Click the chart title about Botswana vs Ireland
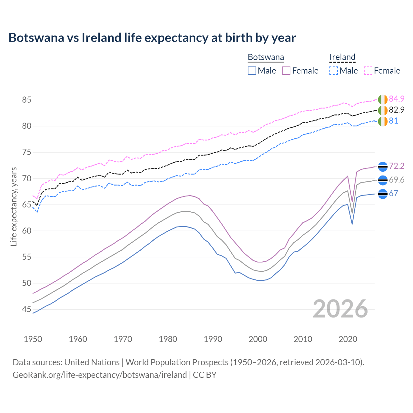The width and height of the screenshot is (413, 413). click(x=152, y=38)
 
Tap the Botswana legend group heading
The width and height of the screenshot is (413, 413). click(x=266, y=57)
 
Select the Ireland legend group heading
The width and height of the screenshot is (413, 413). click(x=342, y=57)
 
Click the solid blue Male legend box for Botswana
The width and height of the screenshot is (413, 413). click(x=252, y=71)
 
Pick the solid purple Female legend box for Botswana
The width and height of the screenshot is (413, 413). click(x=286, y=71)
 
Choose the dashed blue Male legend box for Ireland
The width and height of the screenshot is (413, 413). click(x=334, y=71)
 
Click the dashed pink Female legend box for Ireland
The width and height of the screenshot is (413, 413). click(x=368, y=71)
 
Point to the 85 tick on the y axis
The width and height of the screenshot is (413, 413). click(x=26, y=100)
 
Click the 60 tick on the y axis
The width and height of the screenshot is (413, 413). click(x=26, y=231)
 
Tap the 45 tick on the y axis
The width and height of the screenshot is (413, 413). click(x=26, y=309)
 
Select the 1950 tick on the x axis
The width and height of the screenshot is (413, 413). click(x=33, y=339)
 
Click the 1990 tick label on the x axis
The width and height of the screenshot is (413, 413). click(x=213, y=339)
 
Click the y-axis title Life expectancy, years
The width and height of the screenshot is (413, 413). click(x=14, y=206)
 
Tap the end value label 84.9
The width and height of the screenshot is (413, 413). click(x=397, y=99)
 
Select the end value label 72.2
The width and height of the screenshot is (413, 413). click(x=397, y=166)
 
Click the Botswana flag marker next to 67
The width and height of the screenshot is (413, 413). click(x=383, y=194)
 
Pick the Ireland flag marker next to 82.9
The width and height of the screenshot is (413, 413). click(x=383, y=110)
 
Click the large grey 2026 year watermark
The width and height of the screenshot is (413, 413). click(x=340, y=309)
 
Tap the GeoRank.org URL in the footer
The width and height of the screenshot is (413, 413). click(x=100, y=375)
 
